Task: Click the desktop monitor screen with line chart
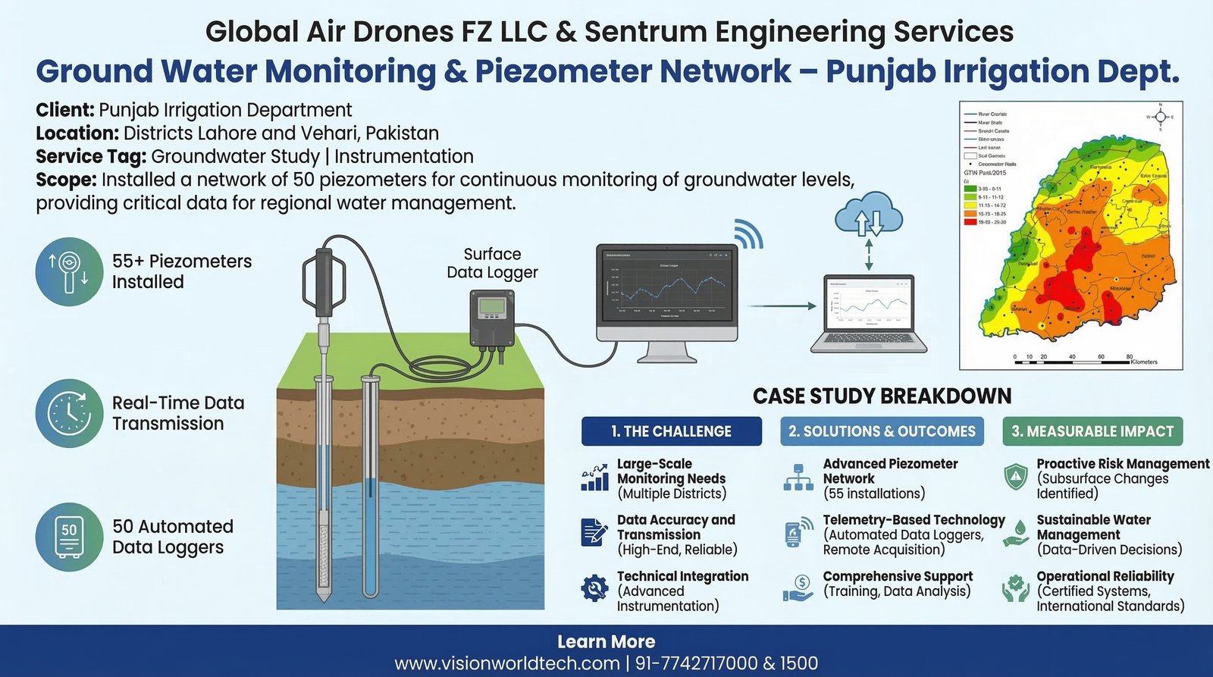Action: pyautogui.click(x=666, y=291)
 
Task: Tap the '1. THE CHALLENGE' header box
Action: pyautogui.click(x=671, y=431)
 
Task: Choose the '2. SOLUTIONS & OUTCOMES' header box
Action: pyautogui.click(x=882, y=431)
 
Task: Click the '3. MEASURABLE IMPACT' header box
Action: pyautogui.click(x=1092, y=431)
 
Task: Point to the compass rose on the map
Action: pyautogui.click(x=1159, y=118)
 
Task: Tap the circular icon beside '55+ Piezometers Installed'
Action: pyautogui.click(x=69, y=271)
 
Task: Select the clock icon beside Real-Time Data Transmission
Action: pyautogui.click(x=69, y=413)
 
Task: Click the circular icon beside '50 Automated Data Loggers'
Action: pyautogui.click(x=69, y=537)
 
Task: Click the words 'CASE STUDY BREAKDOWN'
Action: pyautogui.click(x=882, y=396)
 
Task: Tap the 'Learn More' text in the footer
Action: pyautogui.click(x=606, y=642)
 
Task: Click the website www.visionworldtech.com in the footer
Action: pyautogui.click(x=507, y=664)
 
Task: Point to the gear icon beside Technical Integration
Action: pyautogui.click(x=594, y=588)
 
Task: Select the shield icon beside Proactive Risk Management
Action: pyautogui.click(x=1015, y=477)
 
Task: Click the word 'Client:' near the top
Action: pyautogui.click(x=65, y=110)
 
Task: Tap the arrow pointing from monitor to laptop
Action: pyautogui.click(x=782, y=306)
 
